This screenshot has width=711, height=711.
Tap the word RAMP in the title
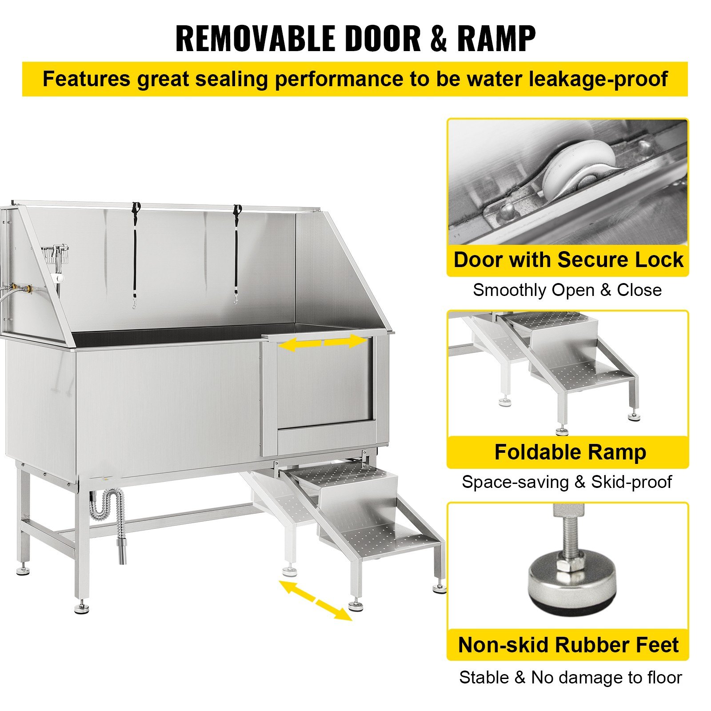point(496,39)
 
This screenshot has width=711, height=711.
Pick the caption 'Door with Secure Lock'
point(568,260)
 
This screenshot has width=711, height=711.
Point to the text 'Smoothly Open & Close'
point(567,290)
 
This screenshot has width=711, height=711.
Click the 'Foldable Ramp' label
point(570,452)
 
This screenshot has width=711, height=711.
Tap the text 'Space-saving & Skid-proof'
point(567,482)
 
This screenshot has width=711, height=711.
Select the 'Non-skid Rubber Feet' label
point(568,645)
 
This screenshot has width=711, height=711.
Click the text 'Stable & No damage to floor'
point(570,678)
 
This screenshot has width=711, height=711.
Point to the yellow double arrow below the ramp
point(316,600)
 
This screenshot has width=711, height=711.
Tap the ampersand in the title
point(438,39)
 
